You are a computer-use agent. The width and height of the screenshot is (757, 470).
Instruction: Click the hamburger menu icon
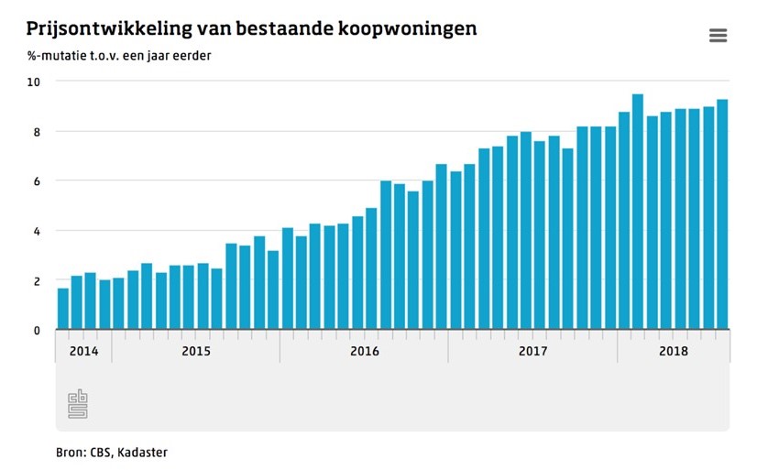(718, 36)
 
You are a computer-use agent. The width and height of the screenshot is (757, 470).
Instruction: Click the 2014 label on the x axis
(83, 351)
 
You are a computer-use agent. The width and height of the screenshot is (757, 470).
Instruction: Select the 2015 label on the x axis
(196, 351)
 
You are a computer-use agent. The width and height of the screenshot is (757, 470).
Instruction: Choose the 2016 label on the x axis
(365, 351)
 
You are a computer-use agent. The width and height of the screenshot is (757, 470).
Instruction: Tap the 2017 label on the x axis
(532, 351)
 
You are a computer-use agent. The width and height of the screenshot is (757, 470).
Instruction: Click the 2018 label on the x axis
(673, 351)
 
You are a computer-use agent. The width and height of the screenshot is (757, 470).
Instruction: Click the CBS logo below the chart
(78, 404)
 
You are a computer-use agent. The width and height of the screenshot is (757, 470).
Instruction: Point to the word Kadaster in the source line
(144, 453)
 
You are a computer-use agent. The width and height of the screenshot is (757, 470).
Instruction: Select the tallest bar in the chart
(637, 211)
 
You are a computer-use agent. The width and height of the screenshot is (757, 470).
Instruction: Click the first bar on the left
(63, 308)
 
